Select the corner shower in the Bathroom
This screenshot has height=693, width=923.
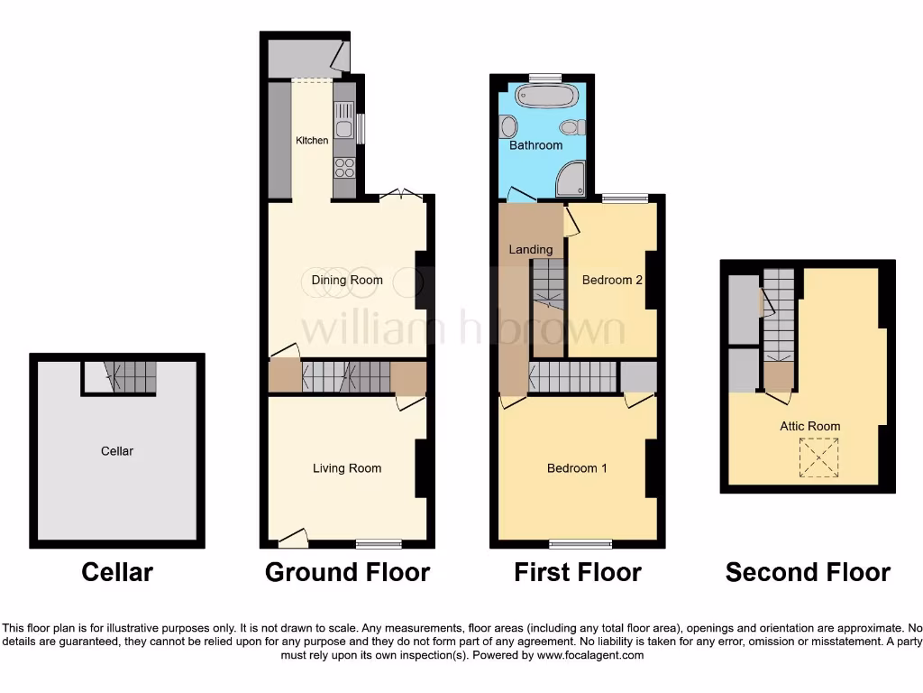click(x=571, y=180)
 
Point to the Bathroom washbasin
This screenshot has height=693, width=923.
click(x=508, y=125)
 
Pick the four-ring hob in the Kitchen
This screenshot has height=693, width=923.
click(x=344, y=168)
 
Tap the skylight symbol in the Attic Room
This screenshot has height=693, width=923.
click(x=818, y=457)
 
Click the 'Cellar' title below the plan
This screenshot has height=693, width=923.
click(x=117, y=572)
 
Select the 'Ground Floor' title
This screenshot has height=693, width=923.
click(x=347, y=572)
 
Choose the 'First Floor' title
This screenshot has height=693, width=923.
click(x=578, y=572)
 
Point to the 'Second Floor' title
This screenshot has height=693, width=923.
click(x=808, y=572)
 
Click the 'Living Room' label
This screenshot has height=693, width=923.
click(x=347, y=468)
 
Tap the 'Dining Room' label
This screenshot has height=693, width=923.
click(x=347, y=280)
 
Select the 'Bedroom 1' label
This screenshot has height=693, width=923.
click(x=577, y=468)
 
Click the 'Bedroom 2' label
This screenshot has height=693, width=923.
click(x=612, y=280)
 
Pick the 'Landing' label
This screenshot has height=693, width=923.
click(x=531, y=249)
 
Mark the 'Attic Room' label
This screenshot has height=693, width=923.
click(x=810, y=426)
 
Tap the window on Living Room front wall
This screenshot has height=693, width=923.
click(x=379, y=543)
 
